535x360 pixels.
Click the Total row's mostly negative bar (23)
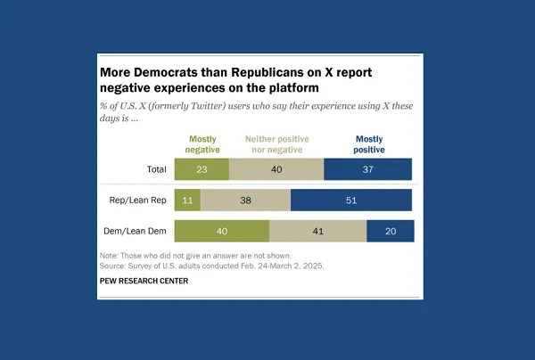coord(202,168)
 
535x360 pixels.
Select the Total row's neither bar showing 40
coord(276,168)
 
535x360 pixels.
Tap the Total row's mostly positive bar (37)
coord(367,168)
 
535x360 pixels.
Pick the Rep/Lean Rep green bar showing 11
coord(187,200)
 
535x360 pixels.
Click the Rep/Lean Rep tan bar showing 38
coord(245,200)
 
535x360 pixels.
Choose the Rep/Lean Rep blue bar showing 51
coord(351,200)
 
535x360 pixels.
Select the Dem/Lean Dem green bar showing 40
coord(221,232)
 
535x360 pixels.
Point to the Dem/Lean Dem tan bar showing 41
coord(317,232)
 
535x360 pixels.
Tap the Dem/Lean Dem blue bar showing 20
coord(391,232)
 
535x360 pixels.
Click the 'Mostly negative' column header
coord(202,144)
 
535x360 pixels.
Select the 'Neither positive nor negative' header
coord(276,144)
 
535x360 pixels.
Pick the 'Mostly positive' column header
coord(369,144)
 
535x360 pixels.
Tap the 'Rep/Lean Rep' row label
coord(135,200)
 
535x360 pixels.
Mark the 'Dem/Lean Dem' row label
coord(134,232)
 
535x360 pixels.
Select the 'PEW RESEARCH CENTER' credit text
coord(144,281)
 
